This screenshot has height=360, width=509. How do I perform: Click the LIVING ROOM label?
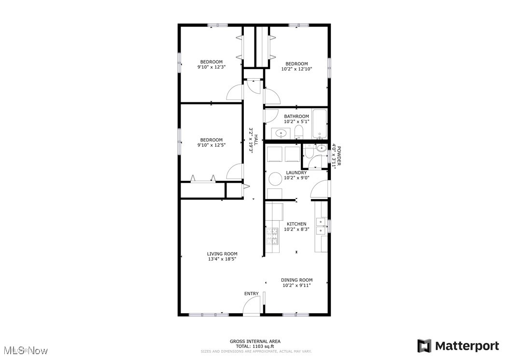222,254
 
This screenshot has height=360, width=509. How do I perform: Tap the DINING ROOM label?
297,280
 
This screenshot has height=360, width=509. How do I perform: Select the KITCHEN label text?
297,224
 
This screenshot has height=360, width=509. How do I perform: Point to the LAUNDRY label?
296,173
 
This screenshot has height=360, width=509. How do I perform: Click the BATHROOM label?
296,116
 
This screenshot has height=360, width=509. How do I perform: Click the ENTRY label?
251,293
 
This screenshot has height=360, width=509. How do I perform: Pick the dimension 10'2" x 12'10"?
296,69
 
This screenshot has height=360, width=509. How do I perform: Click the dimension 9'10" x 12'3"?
212,67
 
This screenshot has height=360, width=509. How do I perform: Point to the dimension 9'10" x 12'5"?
212,145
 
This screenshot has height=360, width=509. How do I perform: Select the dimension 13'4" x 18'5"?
222,259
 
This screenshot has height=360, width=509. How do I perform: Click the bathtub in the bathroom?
320,124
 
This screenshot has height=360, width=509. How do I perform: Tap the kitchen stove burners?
272,236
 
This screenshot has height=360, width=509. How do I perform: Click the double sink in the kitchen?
321,226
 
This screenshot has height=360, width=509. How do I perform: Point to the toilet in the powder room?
310,155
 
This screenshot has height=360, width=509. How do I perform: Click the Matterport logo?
458,346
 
